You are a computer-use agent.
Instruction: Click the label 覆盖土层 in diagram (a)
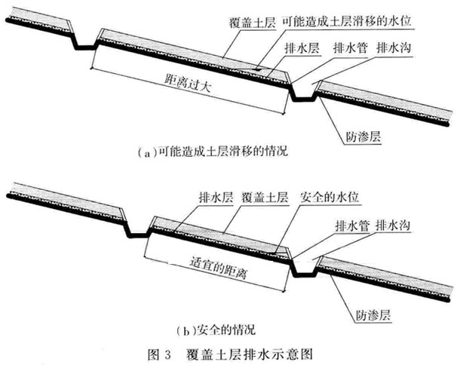click(x=253, y=23)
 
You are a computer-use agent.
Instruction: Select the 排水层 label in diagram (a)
click(x=302, y=48)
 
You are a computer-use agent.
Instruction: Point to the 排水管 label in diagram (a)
click(x=351, y=48)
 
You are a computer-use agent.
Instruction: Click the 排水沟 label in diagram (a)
click(x=394, y=48)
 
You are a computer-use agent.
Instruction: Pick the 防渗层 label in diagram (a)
click(x=363, y=136)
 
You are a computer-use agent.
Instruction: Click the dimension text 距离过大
click(x=188, y=83)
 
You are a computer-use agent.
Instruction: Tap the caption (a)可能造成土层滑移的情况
click(x=213, y=152)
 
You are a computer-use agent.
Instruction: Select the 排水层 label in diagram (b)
click(x=216, y=197)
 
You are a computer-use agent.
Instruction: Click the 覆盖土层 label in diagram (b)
click(x=265, y=197)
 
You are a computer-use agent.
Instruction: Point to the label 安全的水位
click(x=330, y=197)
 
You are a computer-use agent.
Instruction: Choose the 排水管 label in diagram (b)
click(x=352, y=225)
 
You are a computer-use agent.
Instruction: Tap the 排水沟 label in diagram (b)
click(x=393, y=225)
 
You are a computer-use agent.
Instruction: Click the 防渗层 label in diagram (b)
click(x=373, y=315)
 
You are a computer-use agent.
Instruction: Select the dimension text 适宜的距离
click(x=219, y=268)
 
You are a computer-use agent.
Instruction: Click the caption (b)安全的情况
click(x=216, y=330)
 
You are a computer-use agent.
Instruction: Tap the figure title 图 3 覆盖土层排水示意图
click(x=230, y=354)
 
